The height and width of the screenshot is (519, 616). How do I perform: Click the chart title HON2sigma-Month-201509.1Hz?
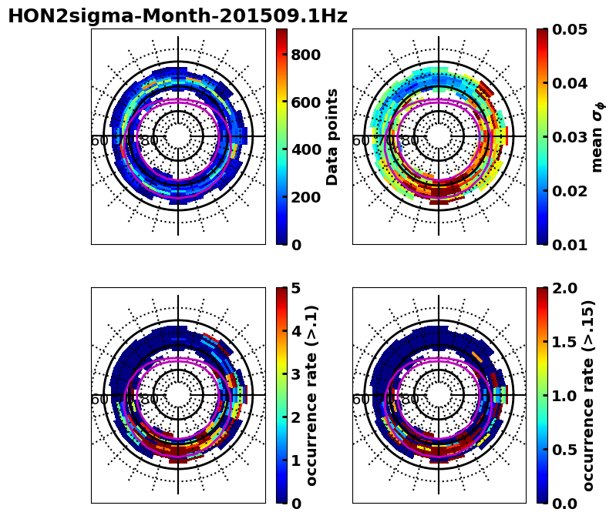[x=177, y=16]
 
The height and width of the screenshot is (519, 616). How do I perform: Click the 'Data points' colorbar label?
[x=333, y=136]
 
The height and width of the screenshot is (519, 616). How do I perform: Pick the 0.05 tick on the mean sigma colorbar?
[x=571, y=30]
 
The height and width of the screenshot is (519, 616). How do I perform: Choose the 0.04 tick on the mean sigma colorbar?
[x=571, y=83]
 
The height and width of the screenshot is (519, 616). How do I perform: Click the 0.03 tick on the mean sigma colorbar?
[x=571, y=137]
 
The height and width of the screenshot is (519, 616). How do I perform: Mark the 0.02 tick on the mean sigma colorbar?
[x=571, y=191]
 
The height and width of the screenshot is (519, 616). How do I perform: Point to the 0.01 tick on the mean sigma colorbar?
[x=571, y=245]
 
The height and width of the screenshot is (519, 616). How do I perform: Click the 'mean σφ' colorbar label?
[x=597, y=136]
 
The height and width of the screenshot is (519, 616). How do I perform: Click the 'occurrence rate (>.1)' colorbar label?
[x=313, y=395]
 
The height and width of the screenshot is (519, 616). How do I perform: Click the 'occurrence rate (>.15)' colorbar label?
[x=589, y=395]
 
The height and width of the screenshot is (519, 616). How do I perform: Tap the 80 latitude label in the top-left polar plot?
[x=149, y=141]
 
